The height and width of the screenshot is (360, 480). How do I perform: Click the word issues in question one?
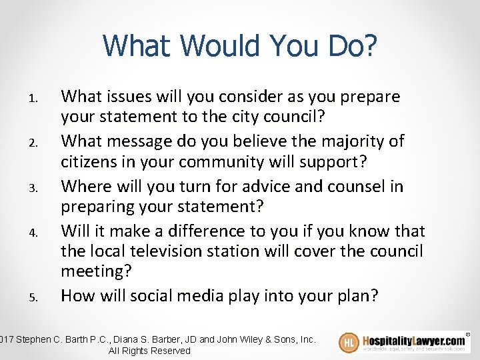click(x=132, y=97)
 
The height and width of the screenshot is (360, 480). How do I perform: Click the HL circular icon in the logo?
click(x=349, y=343)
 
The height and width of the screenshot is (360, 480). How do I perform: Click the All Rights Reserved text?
click(x=149, y=351)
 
